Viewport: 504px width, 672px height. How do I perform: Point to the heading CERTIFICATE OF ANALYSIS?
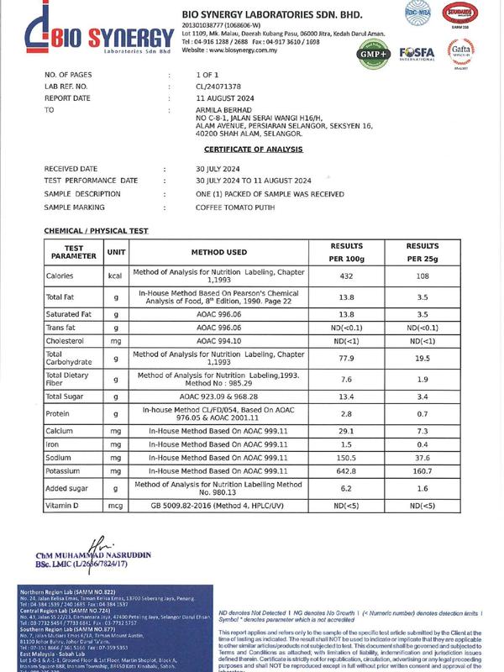(x=252, y=149)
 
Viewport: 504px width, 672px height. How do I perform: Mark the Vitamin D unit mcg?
(x=116, y=507)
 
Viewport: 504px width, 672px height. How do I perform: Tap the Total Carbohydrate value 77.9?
(x=345, y=358)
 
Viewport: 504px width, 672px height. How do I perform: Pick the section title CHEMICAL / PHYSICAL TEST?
(x=96, y=230)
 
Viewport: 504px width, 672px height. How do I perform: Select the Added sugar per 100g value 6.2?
(x=345, y=489)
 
